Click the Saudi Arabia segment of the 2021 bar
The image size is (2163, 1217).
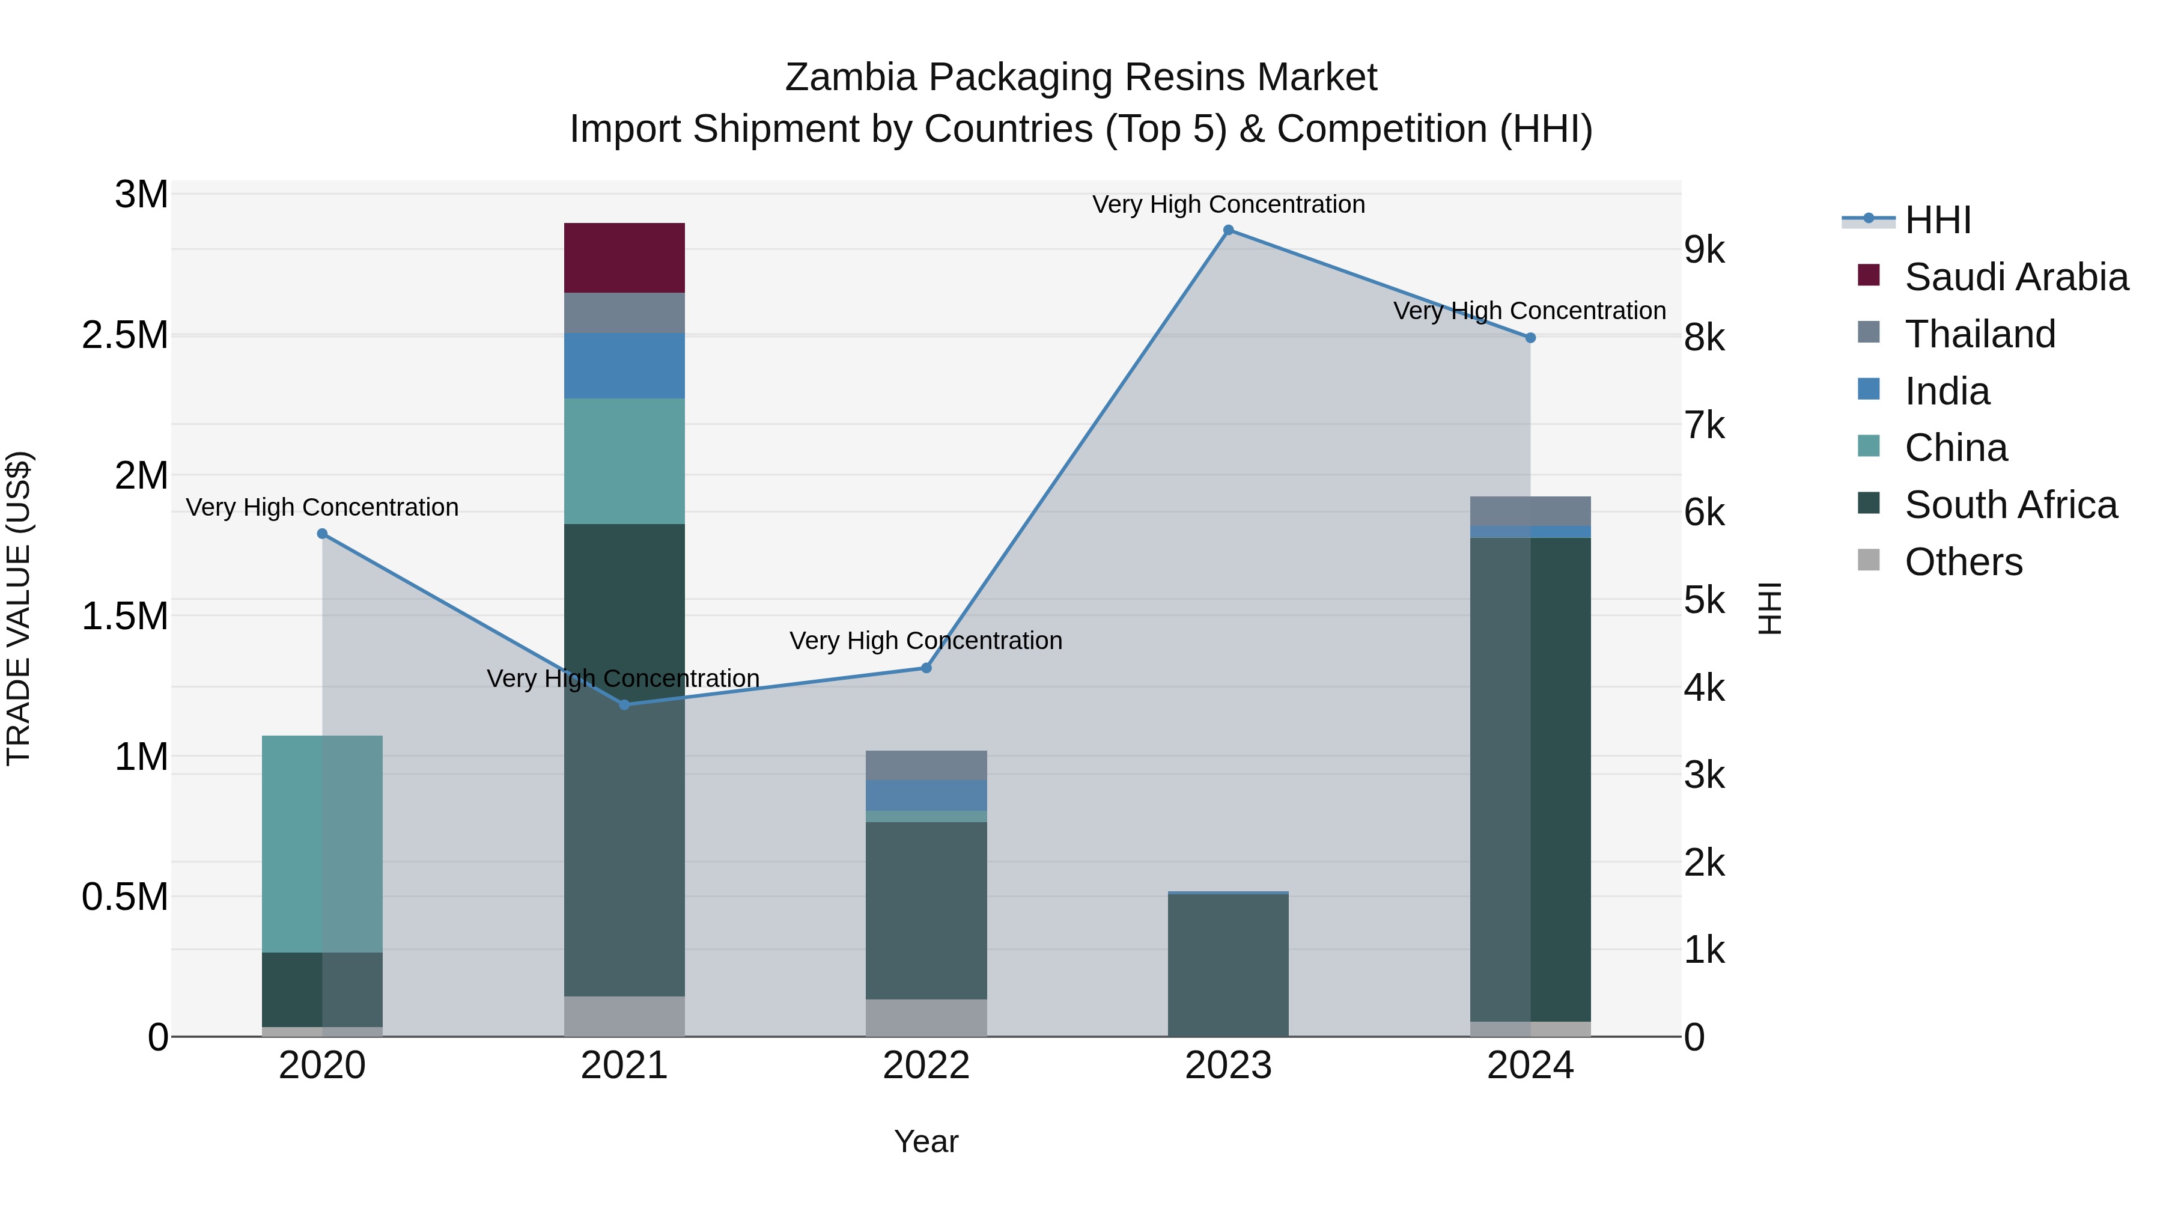624,258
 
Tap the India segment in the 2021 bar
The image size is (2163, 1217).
624,365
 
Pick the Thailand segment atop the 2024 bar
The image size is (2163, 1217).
1530,511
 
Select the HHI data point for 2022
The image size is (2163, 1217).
926,668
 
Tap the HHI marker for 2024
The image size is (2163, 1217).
1530,338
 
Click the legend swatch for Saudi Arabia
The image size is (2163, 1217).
1868,275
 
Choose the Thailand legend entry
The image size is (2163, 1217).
1979,334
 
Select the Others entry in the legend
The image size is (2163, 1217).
1963,562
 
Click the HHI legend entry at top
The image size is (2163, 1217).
1937,220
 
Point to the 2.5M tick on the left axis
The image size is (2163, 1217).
125,335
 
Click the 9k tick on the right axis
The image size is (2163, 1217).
1704,250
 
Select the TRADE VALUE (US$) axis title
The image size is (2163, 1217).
19,608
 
